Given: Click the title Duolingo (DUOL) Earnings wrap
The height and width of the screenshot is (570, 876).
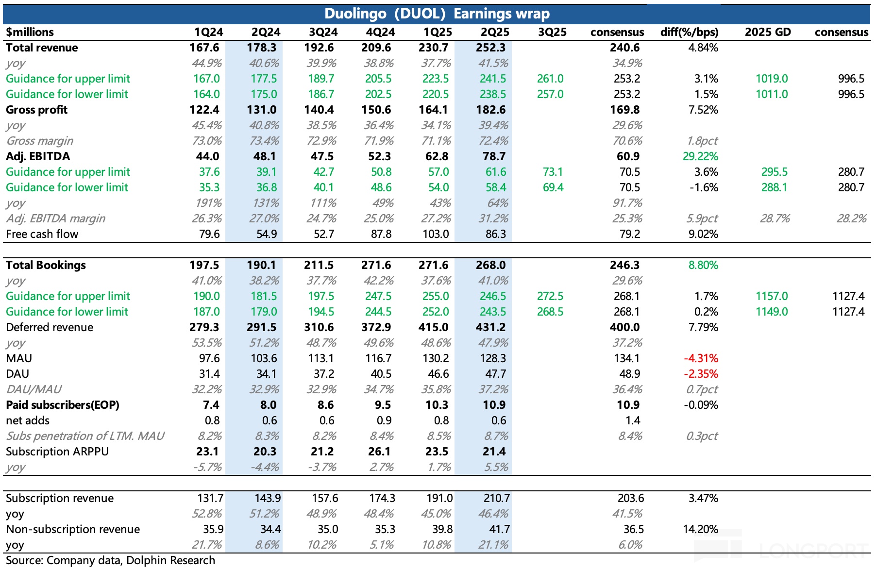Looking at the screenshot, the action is click(437, 14).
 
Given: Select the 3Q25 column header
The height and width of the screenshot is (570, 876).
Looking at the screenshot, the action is click(552, 32).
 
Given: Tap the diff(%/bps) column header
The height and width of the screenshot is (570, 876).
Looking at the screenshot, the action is click(689, 32).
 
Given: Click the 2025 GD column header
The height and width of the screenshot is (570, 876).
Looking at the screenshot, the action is click(768, 32).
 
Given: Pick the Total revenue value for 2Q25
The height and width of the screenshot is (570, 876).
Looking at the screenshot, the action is click(491, 48).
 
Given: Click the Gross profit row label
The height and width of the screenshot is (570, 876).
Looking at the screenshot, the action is click(37, 110).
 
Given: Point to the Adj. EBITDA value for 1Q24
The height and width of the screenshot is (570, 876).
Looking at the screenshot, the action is click(207, 156).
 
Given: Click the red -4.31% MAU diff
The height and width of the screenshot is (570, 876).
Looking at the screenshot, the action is click(701, 358).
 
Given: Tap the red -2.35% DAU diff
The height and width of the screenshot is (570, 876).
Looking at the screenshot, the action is click(701, 374).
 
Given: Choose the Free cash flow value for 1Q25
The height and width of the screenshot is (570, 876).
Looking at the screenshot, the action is click(436, 234).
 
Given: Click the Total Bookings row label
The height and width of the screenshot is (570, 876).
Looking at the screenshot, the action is click(46, 265).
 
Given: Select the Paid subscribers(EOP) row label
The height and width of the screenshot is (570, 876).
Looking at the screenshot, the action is click(63, 405).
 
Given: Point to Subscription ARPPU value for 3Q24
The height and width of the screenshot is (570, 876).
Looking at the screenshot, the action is click(322, 452).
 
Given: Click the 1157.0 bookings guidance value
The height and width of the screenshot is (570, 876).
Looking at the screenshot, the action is click(772, 296).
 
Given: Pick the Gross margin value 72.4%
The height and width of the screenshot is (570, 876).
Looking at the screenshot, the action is click(493, 141).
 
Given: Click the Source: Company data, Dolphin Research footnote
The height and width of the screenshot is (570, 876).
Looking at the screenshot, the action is click(110, 560).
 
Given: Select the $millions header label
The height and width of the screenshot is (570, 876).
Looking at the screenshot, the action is click(30, 32).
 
